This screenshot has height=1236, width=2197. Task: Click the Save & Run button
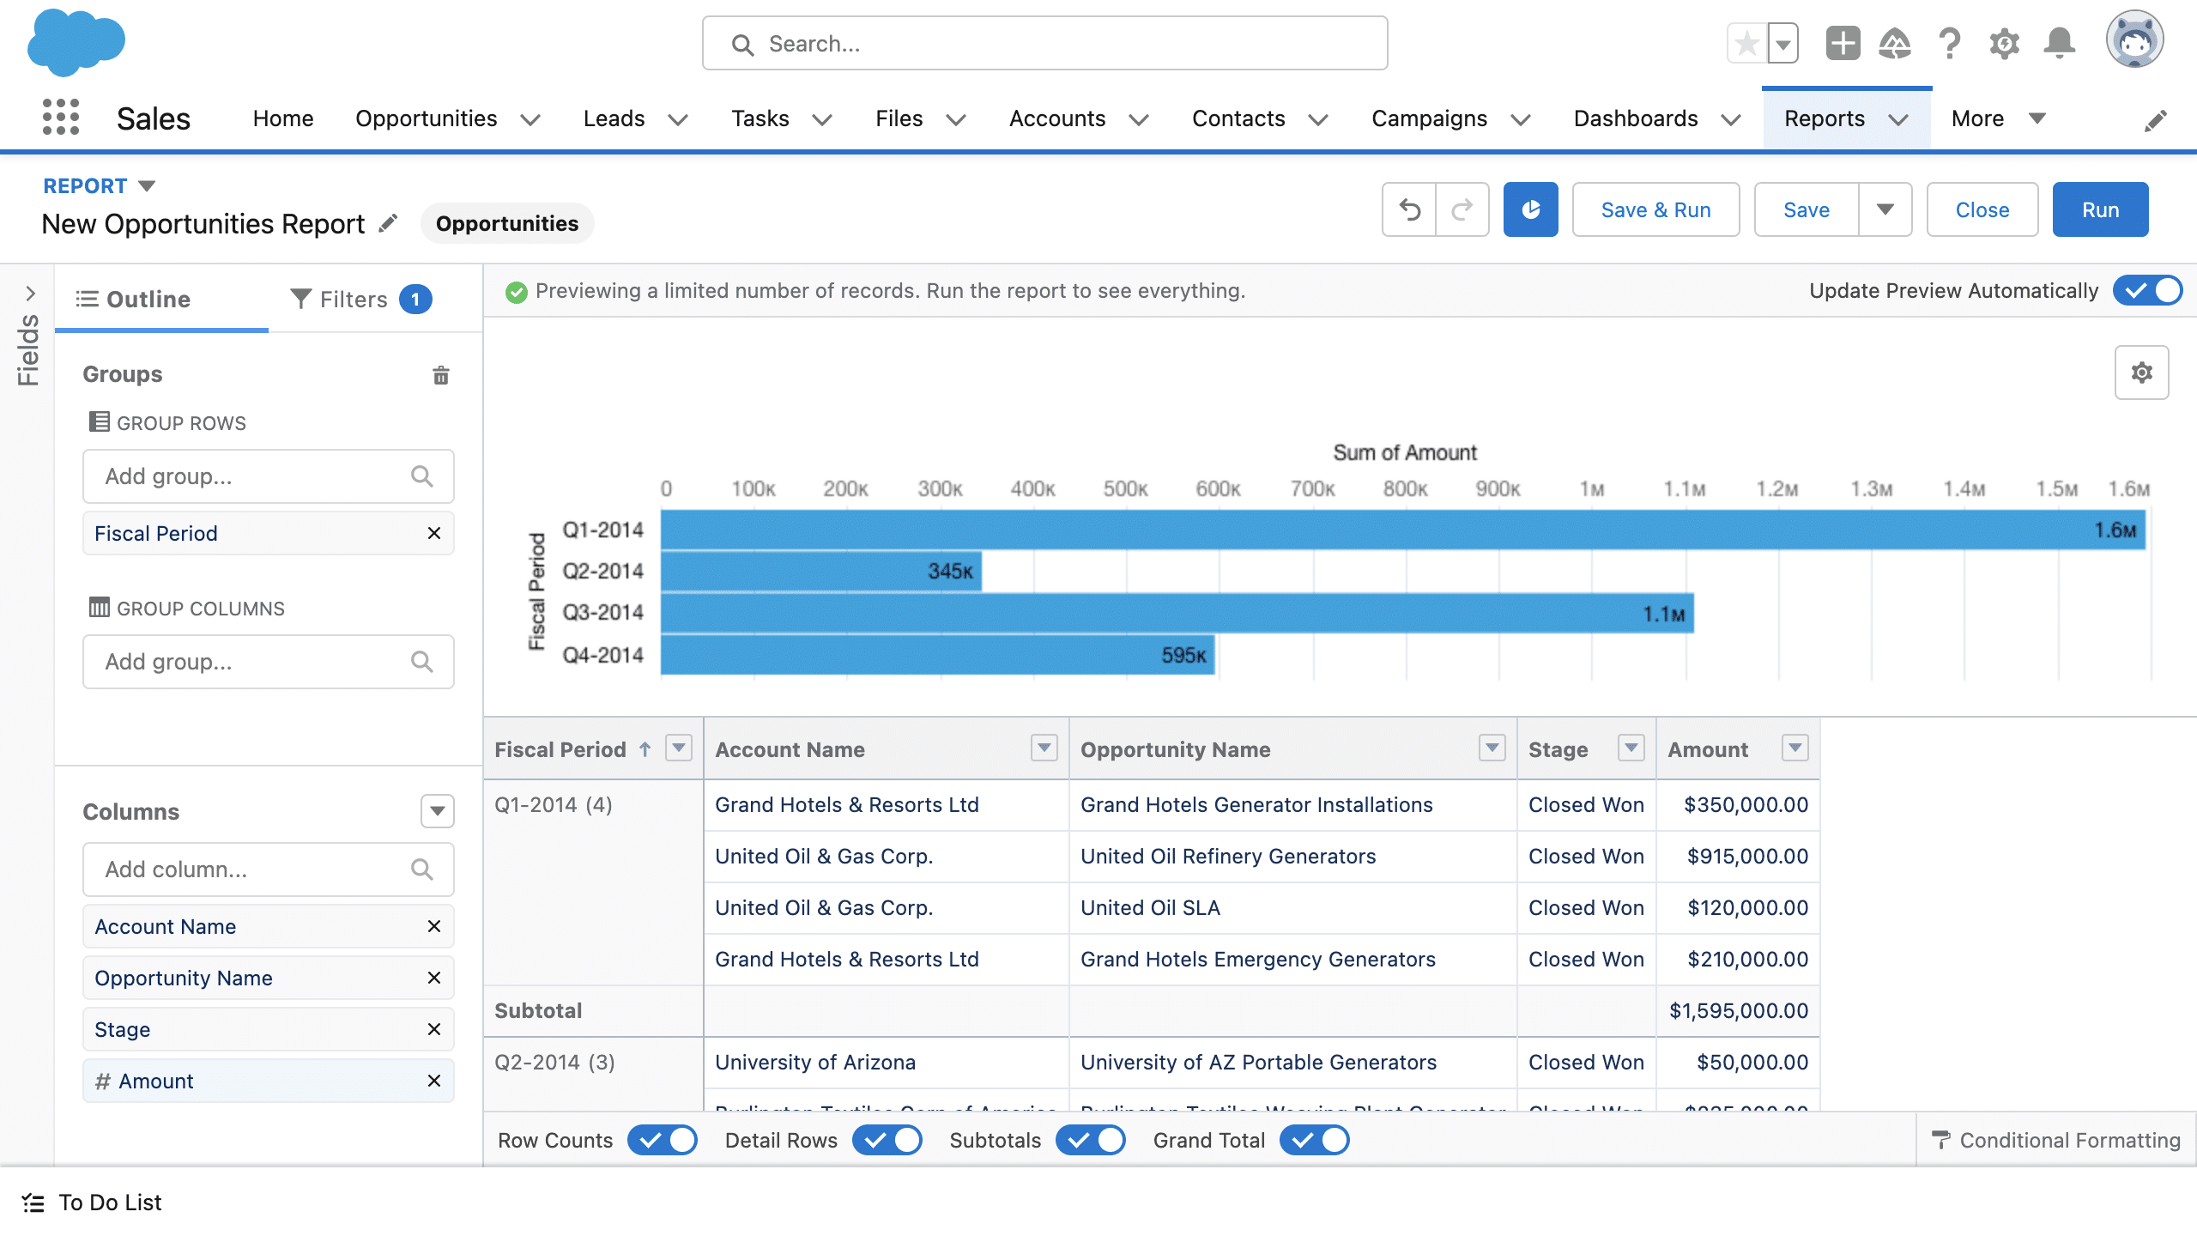pos(1655,209)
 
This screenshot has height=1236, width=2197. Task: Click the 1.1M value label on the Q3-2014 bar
pos(1663,615)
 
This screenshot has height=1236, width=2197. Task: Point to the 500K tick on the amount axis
pos(1125,489)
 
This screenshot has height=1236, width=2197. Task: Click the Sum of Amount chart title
pos(1404,452)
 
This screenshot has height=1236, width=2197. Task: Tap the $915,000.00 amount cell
pos(1746,856)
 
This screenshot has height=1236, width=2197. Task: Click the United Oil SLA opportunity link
pos(1150,907)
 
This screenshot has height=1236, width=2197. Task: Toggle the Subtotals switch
pos(1091,1140)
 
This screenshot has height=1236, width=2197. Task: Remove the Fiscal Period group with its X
pos(434,533)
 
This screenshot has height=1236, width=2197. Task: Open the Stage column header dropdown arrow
pos(1631,748)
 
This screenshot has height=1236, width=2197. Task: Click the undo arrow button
pos(1409,209)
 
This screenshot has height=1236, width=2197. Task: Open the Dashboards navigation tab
pos(1636,118)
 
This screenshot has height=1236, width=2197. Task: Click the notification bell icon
pos(2060,43)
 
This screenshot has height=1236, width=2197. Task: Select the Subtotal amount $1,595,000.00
pos(1738,1010)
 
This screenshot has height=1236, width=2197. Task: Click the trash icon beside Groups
pos(441,374)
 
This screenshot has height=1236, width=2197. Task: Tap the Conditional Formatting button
pos(2056,1140)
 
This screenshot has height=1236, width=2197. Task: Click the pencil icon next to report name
pos(389,223)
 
